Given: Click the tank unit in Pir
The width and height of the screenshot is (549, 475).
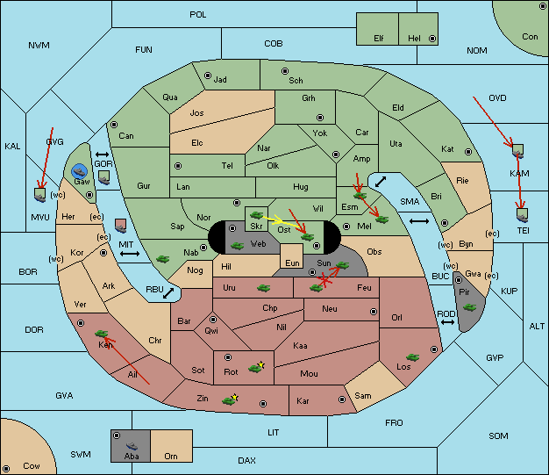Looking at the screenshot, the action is point(469,307).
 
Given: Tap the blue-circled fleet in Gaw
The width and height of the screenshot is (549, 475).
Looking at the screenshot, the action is point(80,171).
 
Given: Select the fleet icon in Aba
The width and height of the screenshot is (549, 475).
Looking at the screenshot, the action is point(132,446).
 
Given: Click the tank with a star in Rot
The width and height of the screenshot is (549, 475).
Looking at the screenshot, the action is point(256,367).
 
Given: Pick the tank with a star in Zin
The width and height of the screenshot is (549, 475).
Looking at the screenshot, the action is point(231,399).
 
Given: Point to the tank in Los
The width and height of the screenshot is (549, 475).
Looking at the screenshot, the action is point(413,357).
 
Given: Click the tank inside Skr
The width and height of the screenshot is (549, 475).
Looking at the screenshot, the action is point(256,214).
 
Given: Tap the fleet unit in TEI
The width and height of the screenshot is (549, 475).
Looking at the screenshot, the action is point(523,215).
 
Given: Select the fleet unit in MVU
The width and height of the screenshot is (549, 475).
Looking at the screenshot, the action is point(40,195).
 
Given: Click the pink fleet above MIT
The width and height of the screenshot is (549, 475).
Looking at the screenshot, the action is point(121,227).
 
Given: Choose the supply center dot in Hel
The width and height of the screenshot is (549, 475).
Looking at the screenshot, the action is point(432,39).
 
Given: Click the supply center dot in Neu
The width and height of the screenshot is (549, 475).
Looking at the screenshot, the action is point(374,312).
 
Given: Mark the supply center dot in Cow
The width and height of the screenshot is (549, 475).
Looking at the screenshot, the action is point(6,468).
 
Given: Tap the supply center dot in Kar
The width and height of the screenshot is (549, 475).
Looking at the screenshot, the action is point(342,399).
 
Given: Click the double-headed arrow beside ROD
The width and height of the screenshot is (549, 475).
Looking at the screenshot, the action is point(447,322).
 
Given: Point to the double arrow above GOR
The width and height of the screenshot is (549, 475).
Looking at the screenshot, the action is point(103,155).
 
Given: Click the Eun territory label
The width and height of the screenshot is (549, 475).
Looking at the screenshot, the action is point(292,263).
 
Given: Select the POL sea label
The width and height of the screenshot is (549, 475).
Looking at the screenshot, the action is point(198,15).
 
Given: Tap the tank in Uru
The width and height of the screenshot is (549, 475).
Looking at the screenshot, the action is point(263,288).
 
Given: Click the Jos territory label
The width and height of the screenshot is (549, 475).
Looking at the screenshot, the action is point(196,113).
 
